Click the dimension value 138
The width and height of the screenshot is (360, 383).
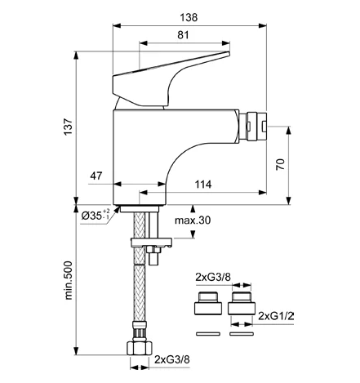189,17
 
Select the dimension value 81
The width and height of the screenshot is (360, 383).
183,35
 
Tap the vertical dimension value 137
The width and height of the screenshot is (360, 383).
68,127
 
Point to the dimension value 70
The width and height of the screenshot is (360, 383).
280,164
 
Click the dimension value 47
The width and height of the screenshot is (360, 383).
96,176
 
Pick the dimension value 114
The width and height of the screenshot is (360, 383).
203,185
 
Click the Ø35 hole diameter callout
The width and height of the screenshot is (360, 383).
96,215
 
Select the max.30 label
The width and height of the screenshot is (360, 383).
193,220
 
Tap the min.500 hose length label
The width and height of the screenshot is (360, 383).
68,280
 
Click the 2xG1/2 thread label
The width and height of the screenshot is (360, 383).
276,316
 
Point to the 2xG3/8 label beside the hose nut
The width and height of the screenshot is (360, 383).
172,359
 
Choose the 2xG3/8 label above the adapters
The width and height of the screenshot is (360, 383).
213,277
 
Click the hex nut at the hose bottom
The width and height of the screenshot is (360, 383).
140,348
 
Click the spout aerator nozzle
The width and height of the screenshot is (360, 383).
253,126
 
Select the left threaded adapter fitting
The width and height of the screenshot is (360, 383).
208,303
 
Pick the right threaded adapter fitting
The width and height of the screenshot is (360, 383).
242,303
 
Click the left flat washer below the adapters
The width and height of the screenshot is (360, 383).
208,334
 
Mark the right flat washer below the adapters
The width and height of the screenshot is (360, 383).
242,334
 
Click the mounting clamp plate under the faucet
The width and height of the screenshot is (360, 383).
151,243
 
